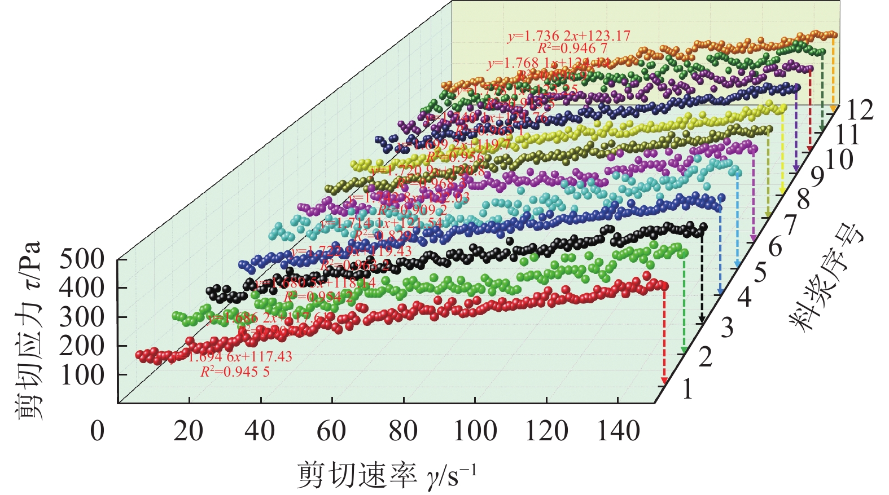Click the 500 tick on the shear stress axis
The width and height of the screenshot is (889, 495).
tap(82, 260)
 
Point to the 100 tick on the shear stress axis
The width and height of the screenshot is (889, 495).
tap(82, 375)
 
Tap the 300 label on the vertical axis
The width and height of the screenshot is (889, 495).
tap(82, 317)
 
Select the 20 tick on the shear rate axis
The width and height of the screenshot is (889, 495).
tap(189, 431)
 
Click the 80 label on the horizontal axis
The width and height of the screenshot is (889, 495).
tap(403, 431)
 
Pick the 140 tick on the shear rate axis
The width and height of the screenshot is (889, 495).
tap(618, 431)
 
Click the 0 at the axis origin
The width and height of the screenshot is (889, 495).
tap(97, 431)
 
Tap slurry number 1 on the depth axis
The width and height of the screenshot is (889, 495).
tap(687, 389)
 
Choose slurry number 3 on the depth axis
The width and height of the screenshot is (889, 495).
tap(727, 328)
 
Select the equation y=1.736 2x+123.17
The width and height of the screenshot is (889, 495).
tap(569, 36)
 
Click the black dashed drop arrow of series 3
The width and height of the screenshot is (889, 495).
tap(702, 276)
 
